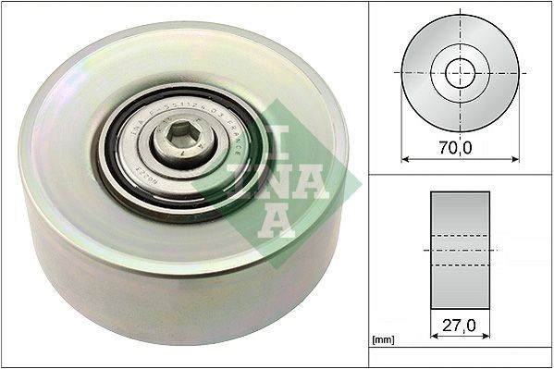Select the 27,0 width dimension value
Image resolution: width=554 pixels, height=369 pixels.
(460, 326)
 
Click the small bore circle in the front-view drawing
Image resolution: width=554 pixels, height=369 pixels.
(460, 73)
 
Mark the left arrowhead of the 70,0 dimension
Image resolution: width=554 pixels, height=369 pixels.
(405, 157)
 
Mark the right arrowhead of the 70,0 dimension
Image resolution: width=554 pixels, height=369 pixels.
(515, 157)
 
